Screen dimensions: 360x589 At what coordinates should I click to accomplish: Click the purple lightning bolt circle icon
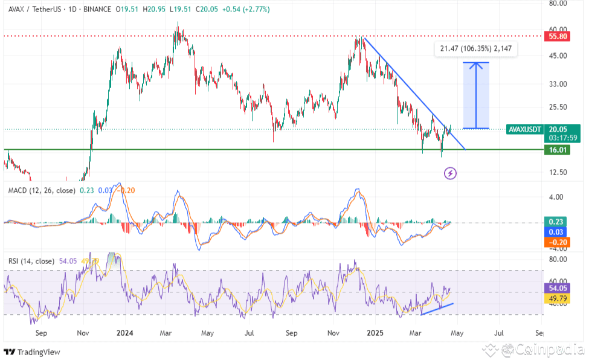click(x=450, y=174)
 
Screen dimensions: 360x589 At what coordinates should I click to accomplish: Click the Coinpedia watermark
click(x=535, y=349)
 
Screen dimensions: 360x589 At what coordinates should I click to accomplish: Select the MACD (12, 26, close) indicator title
click(x=42, y=190)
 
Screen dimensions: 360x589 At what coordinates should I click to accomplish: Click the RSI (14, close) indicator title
click(x=31, y=261)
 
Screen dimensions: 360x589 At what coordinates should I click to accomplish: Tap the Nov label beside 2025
click(x=333, y=333)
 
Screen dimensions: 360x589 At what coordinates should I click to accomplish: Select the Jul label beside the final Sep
click(x=500, y=333)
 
